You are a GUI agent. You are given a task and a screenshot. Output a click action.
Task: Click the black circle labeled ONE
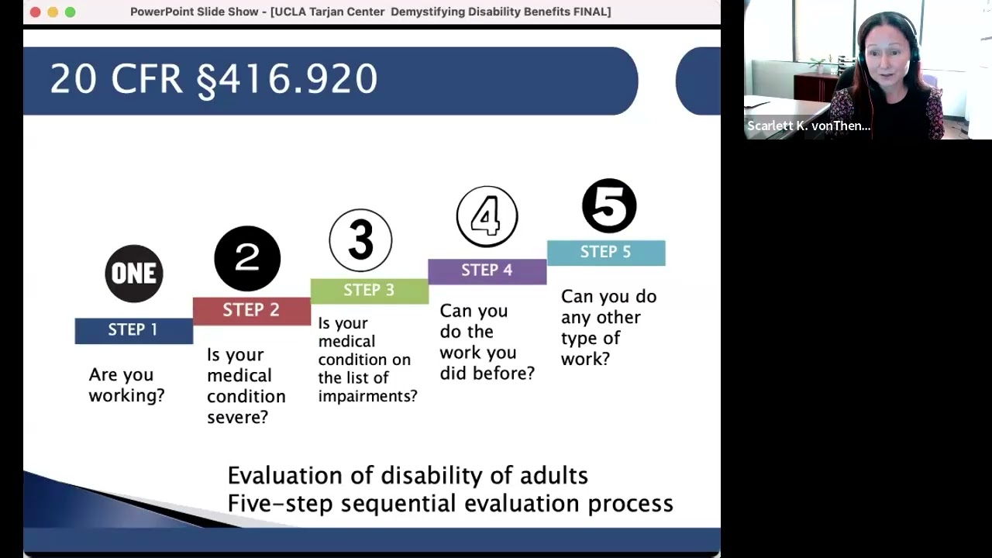click(x=134, y=274)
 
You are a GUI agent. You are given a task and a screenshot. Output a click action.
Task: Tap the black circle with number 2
click(x=247, y=259)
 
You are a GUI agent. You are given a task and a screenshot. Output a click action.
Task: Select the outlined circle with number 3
click(x=360, y=240)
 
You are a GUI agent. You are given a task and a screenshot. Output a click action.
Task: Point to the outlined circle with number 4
click(x=487, y=217)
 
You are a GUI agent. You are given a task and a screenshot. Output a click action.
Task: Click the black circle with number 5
click(x=609, y=206)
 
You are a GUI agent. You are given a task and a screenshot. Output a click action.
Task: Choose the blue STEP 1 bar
click(x=133, y=330)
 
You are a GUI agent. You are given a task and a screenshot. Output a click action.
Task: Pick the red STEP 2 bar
click(x=251, y=310)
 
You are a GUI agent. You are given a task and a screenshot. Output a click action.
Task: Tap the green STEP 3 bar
click(x=369, y=290)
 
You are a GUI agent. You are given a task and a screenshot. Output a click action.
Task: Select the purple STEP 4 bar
click(x=487, y=270)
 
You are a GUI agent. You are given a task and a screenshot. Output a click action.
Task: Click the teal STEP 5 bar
click(x=606, y=253)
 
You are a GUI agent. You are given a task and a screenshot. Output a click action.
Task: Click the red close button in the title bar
click(x=35, y=12)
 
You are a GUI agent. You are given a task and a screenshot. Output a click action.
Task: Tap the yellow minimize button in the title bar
click(x=53, y=12)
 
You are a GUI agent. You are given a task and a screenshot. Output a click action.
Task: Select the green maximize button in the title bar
click(x=71, y=12)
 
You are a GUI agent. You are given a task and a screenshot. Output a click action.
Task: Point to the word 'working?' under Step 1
click(x=126, y=396)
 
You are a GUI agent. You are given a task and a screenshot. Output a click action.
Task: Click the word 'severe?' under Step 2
click(x=237, y=418)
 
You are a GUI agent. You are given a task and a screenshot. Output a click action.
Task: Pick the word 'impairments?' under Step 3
click(x=367, y=396)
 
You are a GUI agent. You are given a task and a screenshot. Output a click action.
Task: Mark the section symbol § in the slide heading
click(x=206, y=81)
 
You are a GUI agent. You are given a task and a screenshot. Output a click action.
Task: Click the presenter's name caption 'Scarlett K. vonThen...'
click(x=808, y=126)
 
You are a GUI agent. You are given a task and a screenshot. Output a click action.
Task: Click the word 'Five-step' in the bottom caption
click(x=281, y=504)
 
